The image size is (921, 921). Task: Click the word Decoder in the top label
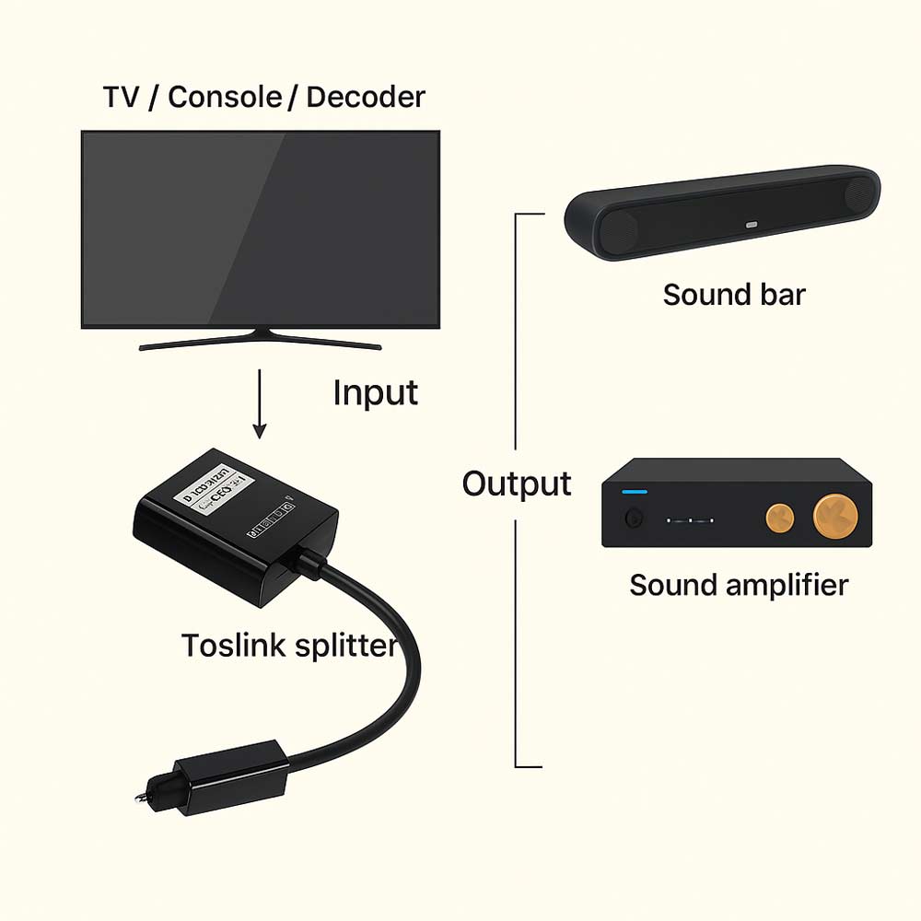366,98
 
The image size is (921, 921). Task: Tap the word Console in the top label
225,98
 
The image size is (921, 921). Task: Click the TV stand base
260,344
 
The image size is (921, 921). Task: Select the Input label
375,393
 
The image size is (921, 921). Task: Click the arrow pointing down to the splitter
260,405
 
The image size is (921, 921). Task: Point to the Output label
517,484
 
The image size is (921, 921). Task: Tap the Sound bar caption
734,295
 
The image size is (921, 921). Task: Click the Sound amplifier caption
739,585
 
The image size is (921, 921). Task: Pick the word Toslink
233,645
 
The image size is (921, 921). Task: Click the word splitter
344,645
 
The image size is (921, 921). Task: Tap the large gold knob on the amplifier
835,512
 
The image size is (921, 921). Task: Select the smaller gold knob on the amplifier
779,517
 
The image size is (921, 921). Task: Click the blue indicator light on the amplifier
635,492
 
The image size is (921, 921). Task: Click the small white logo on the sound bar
751,224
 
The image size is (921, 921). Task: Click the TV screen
260,227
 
